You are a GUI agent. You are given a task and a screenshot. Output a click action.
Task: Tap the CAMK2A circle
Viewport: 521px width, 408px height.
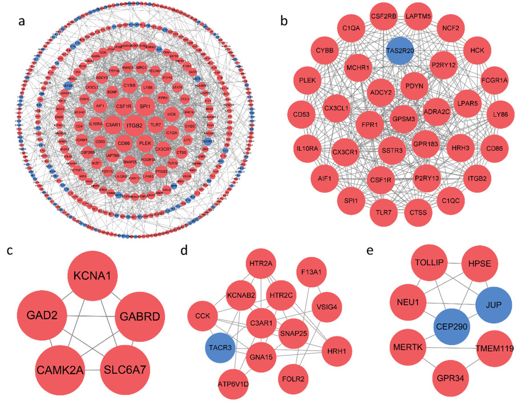tap(60, 370)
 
